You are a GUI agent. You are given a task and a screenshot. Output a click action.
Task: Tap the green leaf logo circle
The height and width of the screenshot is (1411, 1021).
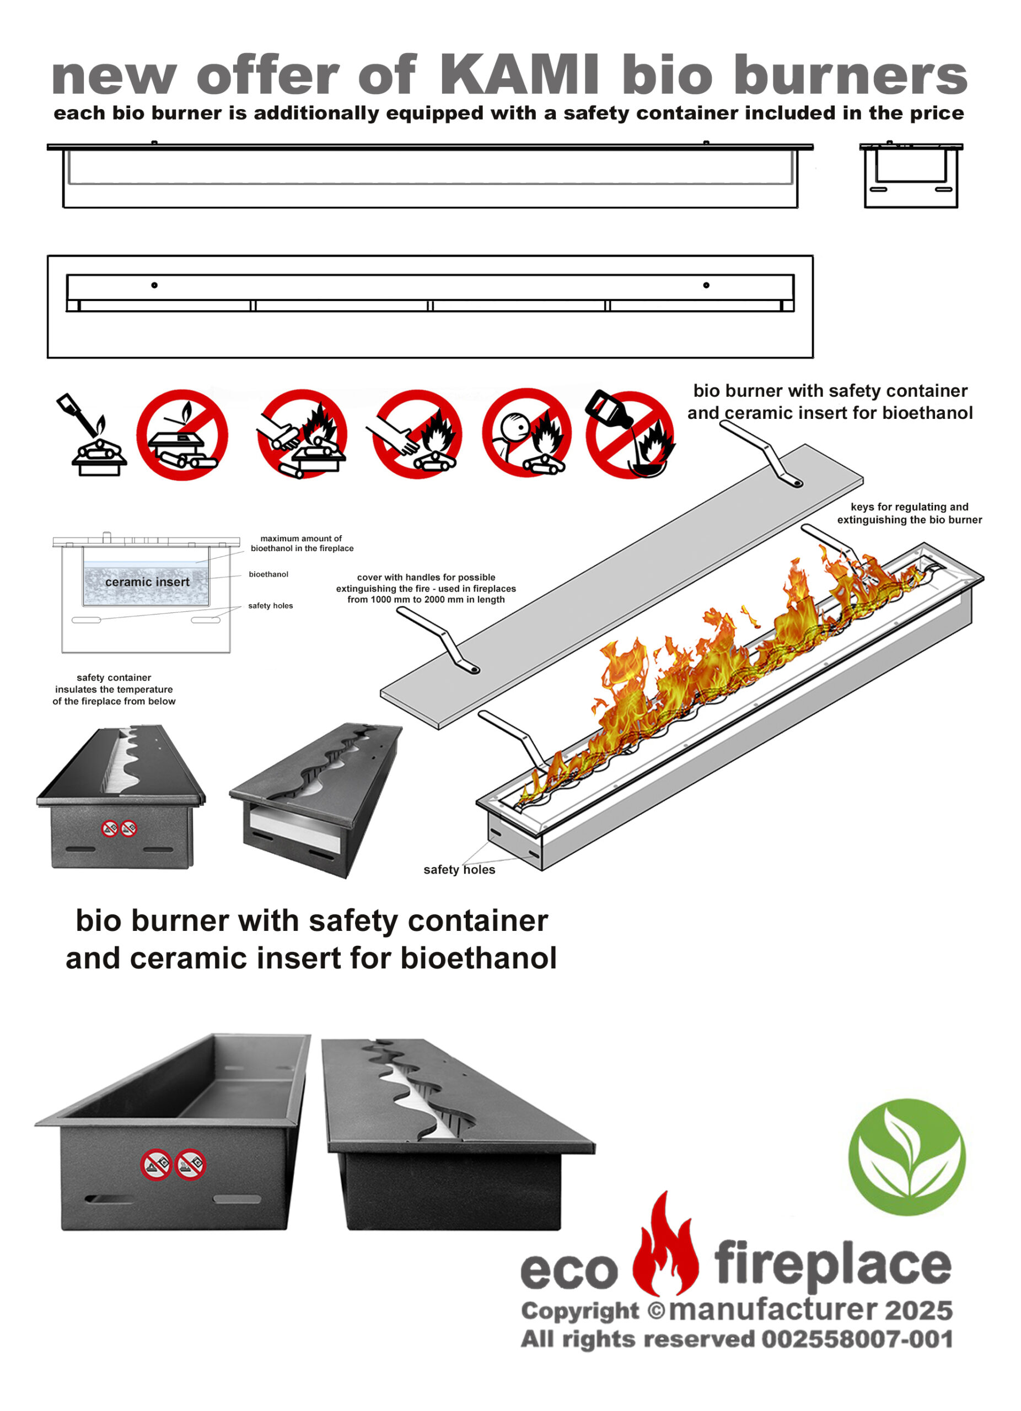(x=906, y=1157)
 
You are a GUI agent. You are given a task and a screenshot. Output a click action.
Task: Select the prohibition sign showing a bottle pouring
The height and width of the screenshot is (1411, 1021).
(x=630, y=434)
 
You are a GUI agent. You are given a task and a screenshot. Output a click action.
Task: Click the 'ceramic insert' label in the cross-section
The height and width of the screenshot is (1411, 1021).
(x=147, y=581)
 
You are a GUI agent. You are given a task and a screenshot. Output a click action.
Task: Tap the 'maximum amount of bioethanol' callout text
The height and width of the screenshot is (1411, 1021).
(x=302, y=543)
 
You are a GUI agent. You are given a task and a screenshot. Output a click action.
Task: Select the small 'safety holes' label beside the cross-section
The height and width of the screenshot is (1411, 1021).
(x=270, y=605)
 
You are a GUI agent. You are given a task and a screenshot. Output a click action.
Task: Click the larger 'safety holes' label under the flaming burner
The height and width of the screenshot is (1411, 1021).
(x=459, y=870)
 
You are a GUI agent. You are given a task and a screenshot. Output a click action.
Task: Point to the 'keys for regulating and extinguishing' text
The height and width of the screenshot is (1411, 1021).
(x=909, y=513)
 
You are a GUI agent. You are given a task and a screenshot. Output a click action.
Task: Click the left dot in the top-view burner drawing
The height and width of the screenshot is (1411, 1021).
(x=154, y=285)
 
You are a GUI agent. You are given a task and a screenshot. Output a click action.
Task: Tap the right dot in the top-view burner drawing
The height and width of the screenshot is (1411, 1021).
(x=706, y=285)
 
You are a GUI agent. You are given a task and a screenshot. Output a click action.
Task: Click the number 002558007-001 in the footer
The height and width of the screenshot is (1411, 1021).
(x=857, y=1339)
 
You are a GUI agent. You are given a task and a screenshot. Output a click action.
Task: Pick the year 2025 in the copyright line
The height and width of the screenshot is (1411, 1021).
(x=918, y=1310)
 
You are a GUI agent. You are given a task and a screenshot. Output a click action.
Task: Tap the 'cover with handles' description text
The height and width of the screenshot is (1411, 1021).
(x=426, y=588)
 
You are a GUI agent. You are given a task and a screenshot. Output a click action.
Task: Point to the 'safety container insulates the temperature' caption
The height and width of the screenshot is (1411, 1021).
(x=114, y=690)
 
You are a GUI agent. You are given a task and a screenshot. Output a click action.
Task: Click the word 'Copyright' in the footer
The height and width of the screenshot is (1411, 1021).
(x=580, y=1311)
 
